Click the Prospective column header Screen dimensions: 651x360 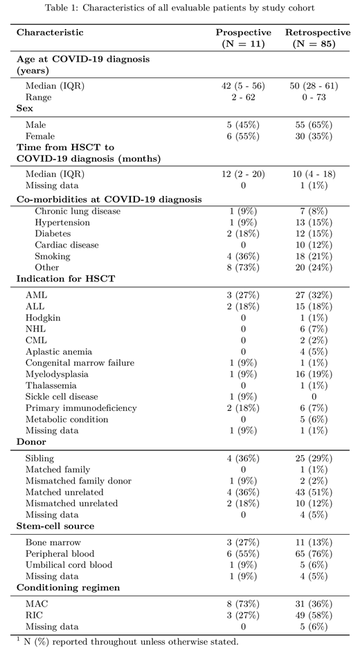tap(242, 38)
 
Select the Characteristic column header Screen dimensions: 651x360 tap(50, 33)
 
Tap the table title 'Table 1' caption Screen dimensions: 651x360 tap(179, 9)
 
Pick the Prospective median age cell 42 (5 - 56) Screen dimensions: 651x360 tap(242, 86)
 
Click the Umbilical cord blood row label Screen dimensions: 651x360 tap(69, 565)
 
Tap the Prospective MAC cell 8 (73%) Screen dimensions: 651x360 tap(242, 604)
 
